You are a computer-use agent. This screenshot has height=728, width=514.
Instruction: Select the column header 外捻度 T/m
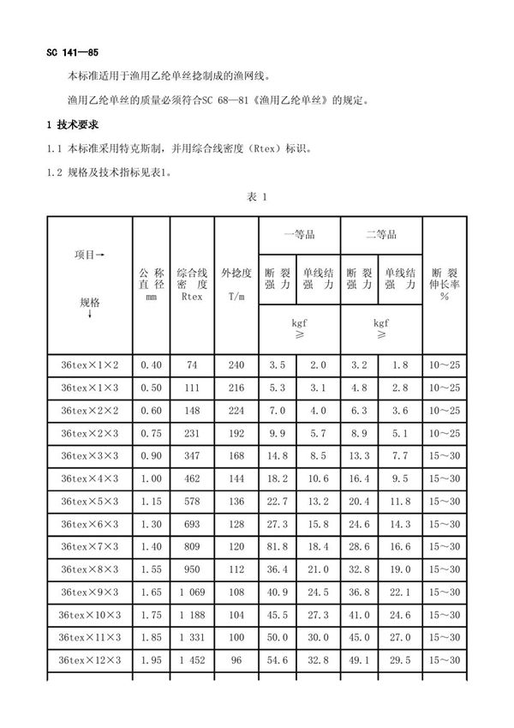click(x=236, y=285)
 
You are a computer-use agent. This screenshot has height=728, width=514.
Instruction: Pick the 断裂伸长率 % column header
click(x=445, y=285)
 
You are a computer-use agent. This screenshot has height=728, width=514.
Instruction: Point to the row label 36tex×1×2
click(x=89, y=365)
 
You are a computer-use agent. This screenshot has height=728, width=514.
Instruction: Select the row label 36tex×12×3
click(x=89, y=659)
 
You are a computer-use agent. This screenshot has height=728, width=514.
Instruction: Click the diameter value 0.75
click(x=151, y=434)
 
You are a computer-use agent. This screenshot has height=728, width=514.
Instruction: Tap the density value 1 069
click(x=192, y=592)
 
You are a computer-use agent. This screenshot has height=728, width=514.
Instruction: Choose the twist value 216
click(x=236, y=388)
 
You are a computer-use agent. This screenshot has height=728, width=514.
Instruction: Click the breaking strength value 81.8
click(x=278, y=546)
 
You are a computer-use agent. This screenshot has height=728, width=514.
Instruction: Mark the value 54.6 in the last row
click(x=278, y=659)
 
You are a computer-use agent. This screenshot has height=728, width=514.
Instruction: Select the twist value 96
click(x=236, y=659)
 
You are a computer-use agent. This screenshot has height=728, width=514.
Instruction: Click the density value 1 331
click(x=192, y=637)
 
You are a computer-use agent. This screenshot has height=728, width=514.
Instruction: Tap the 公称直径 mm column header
click(x=151, y=285)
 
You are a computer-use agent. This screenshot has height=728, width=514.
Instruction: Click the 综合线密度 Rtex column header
click(x=192, y=285)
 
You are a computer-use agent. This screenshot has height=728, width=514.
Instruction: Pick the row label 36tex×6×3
click(x=89, y=524)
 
